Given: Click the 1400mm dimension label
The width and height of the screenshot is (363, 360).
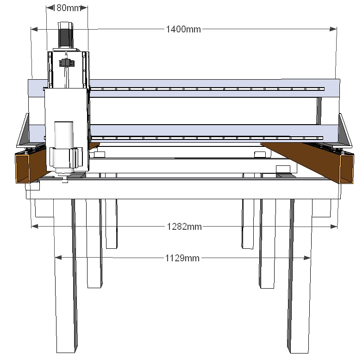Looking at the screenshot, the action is coord(183,29).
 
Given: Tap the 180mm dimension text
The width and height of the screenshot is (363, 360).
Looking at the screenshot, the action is coord(67,8).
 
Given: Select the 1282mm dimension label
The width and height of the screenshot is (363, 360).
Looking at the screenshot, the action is coord(184,226).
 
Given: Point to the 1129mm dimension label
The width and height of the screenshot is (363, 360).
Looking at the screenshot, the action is coord(182,258).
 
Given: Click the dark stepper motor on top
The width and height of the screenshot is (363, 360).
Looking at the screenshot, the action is coord(66,35).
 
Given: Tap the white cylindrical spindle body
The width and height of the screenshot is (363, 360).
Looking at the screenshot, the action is coord(64,147).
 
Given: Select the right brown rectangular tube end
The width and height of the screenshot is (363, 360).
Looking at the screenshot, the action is coord(346,169).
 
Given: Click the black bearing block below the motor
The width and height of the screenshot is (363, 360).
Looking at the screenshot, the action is coord(67,63).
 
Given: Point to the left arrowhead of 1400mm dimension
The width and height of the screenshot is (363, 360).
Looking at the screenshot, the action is coord(34,29).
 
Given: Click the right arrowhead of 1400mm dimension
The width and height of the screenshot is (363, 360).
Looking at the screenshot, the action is coord(333,29).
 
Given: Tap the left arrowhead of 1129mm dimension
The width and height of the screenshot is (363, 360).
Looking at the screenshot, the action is coord(58,258).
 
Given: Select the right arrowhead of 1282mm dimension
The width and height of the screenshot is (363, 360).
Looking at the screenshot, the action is coord(333,226).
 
